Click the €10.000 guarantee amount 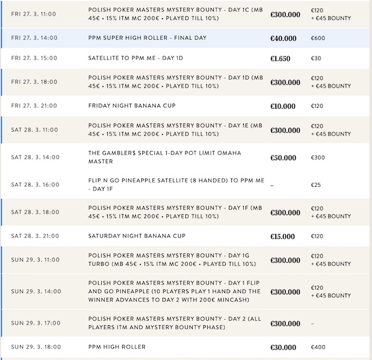pos(283,106)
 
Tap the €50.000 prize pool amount pos(283,158)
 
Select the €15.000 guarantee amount pos(283,236)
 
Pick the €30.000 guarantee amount pos(283,346)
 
